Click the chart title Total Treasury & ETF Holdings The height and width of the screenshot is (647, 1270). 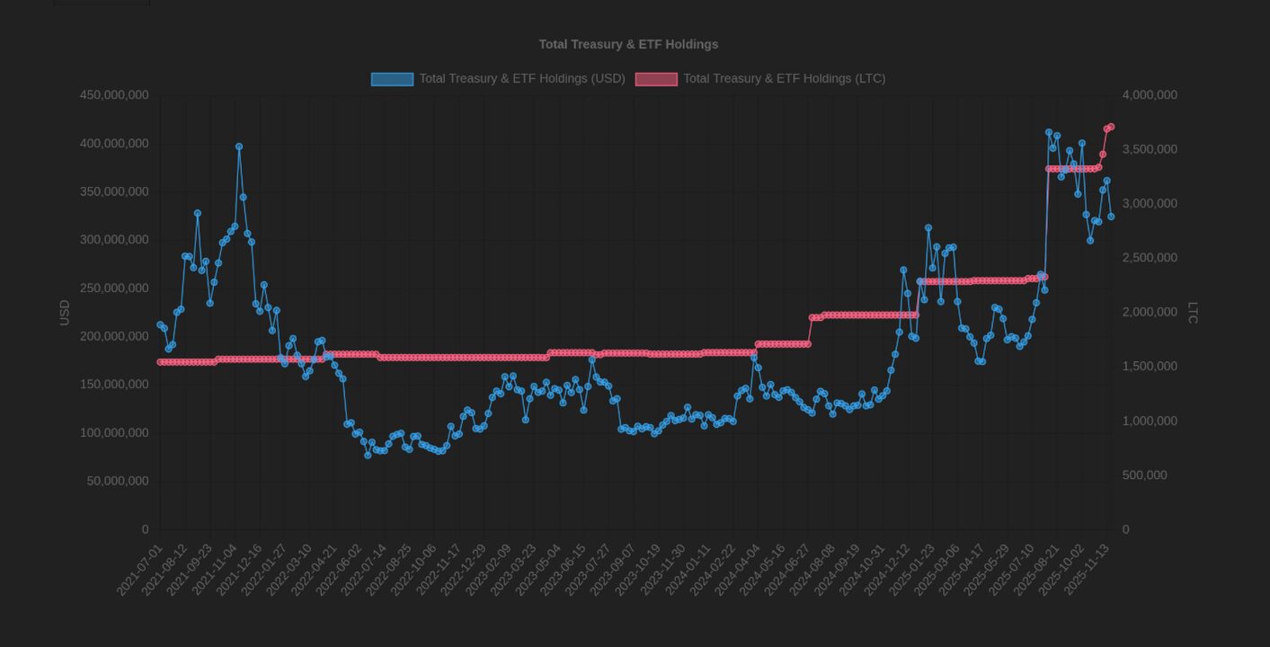[x=628, y=44]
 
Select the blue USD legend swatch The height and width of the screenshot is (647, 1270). [x=392, y=79]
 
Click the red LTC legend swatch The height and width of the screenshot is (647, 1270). [x=656, y=79]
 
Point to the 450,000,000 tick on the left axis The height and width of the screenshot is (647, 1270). [x=114, y=95]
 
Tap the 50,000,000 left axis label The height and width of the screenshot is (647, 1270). [x=118, y=482]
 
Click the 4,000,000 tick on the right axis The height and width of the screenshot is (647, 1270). [x=1150, y=95]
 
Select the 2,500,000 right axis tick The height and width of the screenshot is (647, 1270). [x=1150, y=258]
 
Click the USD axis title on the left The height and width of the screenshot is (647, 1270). [x=65, y=313]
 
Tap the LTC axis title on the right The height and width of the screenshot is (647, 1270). [x=1193, y=313]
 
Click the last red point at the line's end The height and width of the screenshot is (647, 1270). [x=1111, y=127]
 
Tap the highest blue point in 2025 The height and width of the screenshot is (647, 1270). [x=1049, y=132]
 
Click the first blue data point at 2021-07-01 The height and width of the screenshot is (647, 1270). [x=160, y=325]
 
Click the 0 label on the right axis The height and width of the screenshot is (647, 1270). [x=1126, y=530]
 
